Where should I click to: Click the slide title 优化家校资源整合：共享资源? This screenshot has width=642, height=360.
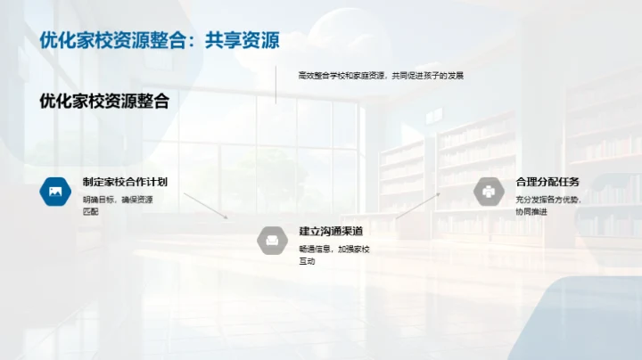coord(160,40)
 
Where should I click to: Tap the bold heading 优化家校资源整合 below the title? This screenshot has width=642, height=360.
coord(104,102)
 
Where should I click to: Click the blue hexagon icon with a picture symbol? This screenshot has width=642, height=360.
coord(55,192)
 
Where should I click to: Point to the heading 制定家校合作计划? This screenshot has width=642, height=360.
coord(125,182)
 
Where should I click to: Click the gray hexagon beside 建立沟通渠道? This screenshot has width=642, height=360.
coord(272,240)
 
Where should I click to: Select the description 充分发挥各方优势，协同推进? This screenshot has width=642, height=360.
coord(547,205)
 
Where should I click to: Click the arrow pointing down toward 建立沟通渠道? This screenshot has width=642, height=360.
coord(206,206)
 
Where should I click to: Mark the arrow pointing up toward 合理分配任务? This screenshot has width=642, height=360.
coord(417,205)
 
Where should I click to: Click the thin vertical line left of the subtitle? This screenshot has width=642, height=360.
coord(276,86)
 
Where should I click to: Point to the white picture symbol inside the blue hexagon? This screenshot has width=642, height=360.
coord(55,192)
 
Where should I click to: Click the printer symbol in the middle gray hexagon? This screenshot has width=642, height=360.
coord(272,240)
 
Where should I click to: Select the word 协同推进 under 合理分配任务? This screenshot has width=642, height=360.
coord(531,211)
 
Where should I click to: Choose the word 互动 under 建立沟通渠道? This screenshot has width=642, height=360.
coord(307,261)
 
